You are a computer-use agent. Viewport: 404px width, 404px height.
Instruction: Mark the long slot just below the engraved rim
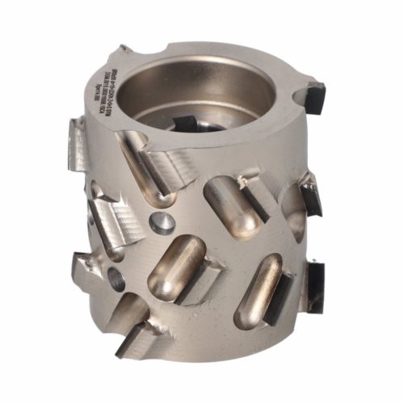pos(145,166)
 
